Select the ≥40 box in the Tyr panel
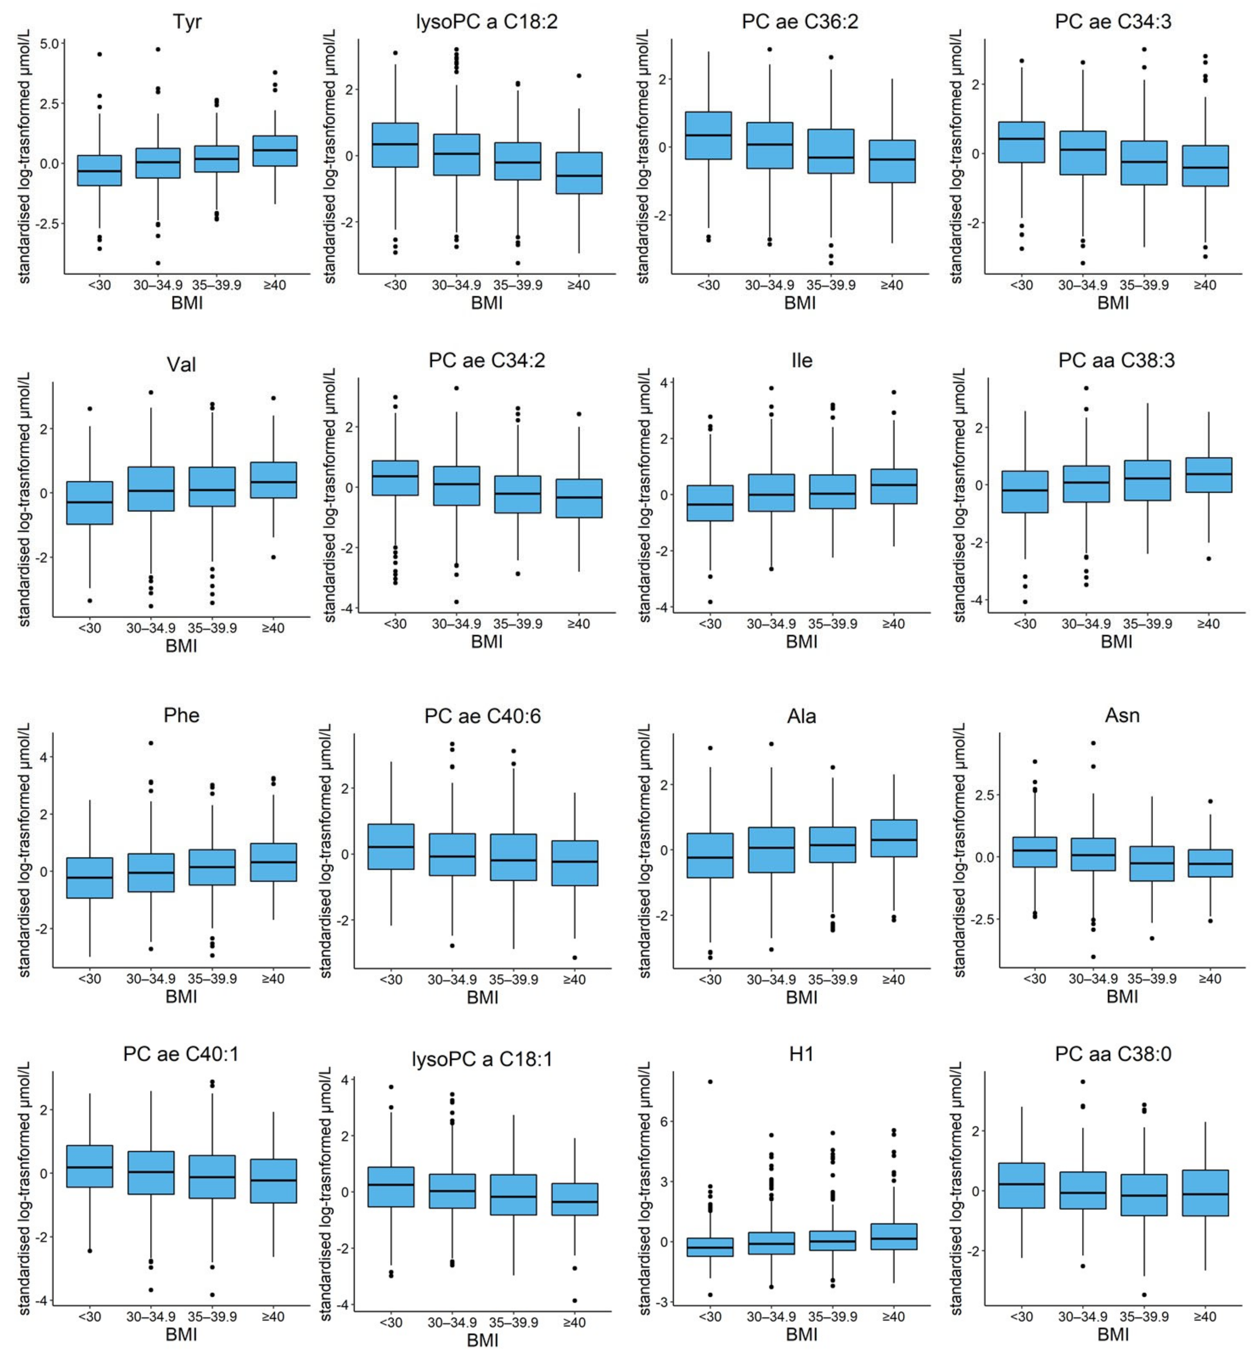coord(275,151)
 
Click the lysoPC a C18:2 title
coord(486,22)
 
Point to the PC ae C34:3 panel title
coord(1113,22)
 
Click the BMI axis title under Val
coord(181,645)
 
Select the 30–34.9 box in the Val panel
coord(151,489)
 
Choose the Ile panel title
coord(801,360)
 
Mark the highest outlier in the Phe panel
coord(151,743)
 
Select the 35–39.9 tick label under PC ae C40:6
coord(514,980)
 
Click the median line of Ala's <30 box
coord(710,857)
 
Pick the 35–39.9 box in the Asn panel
coord(1152,863)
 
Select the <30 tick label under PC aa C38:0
coord(1021,1317)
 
